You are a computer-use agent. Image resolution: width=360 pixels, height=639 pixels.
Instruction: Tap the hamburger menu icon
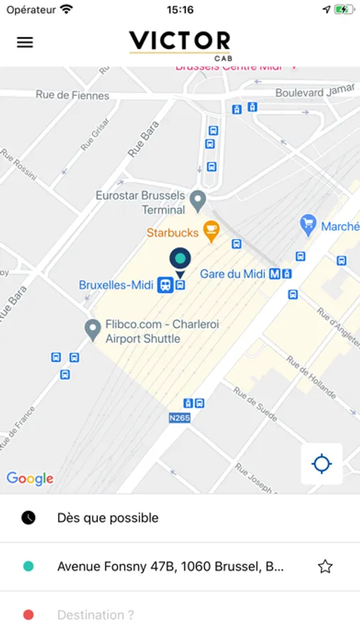coord(25,42)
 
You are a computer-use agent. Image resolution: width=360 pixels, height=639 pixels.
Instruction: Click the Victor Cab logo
coord(180,44)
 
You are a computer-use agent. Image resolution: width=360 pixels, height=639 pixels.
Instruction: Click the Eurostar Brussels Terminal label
coord(141,202)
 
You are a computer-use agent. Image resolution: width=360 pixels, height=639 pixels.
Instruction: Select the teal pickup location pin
coord(180,258)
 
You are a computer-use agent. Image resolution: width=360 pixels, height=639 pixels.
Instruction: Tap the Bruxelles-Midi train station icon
coord(165,285)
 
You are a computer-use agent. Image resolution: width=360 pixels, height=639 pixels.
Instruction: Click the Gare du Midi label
coord(232,274)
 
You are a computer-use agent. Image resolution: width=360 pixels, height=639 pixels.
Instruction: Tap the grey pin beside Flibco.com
coord(92,329)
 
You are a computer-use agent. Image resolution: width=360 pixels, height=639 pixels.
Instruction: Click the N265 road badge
coord(180,418)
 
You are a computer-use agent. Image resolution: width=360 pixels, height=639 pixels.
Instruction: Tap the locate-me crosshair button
coord(322,464)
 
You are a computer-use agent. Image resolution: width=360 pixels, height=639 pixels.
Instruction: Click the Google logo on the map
coord(30,479)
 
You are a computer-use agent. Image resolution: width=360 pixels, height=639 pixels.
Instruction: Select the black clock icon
coord(28,518)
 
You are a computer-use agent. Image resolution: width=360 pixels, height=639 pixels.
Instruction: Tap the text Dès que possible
coord(108,518)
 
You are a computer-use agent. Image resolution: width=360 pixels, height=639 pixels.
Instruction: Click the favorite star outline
coord(325,567)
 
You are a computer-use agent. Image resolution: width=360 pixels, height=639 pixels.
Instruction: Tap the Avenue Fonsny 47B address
coord(170,567)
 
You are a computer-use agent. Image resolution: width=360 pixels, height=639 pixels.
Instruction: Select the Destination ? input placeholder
coord(95,615)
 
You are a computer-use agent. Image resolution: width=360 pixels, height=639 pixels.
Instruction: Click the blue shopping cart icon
coord(307,226)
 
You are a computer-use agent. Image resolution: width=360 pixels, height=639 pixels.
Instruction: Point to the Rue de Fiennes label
coord(73,95)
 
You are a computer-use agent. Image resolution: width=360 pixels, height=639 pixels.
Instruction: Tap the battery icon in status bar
coord(344,10)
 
